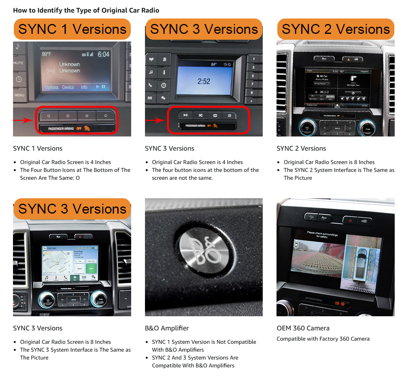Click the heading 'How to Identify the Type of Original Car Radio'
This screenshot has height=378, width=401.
86,10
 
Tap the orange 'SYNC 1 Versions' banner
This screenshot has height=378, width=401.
72,29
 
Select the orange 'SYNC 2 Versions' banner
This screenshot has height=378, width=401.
336,29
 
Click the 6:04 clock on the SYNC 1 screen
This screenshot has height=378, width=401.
103,54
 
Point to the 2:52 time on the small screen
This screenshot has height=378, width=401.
204,81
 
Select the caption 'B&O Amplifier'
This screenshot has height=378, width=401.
167,328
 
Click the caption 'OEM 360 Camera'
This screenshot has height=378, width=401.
303,328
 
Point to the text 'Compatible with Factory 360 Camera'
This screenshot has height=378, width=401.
323,339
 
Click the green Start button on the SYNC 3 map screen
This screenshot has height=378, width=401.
91,269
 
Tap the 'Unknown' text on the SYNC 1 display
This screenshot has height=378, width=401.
69,65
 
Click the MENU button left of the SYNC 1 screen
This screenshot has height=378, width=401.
19,95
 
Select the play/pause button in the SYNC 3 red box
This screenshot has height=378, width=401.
185,115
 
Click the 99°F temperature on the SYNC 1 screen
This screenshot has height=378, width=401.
46,54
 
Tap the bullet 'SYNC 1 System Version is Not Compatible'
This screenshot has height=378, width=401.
204,342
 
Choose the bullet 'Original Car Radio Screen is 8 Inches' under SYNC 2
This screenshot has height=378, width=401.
329,162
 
